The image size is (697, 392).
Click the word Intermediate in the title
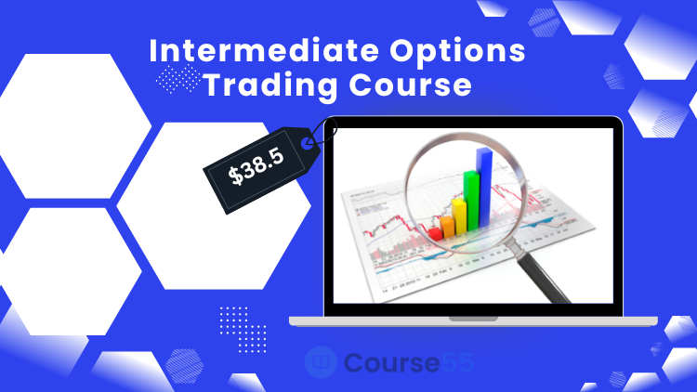(264, 50)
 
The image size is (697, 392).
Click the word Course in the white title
(410, 85)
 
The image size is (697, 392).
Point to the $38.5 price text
(256, 166)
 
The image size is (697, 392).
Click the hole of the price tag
(307, 143)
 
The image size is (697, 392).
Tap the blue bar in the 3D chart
(484, 187)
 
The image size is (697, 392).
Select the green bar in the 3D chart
(471, 200)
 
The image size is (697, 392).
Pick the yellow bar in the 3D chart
(460, 216)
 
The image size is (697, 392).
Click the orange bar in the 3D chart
(447, 226)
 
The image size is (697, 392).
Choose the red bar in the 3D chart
(435, 234)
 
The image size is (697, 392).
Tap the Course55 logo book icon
(321, 362)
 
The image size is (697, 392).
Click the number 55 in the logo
(457, 362)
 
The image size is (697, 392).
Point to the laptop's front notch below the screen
(473, 319)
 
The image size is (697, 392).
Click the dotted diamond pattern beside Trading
(178, 79)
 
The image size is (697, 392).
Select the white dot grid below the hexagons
(243, 330)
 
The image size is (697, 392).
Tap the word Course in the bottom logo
(391, 362)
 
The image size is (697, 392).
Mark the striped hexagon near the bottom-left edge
(185, 366)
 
